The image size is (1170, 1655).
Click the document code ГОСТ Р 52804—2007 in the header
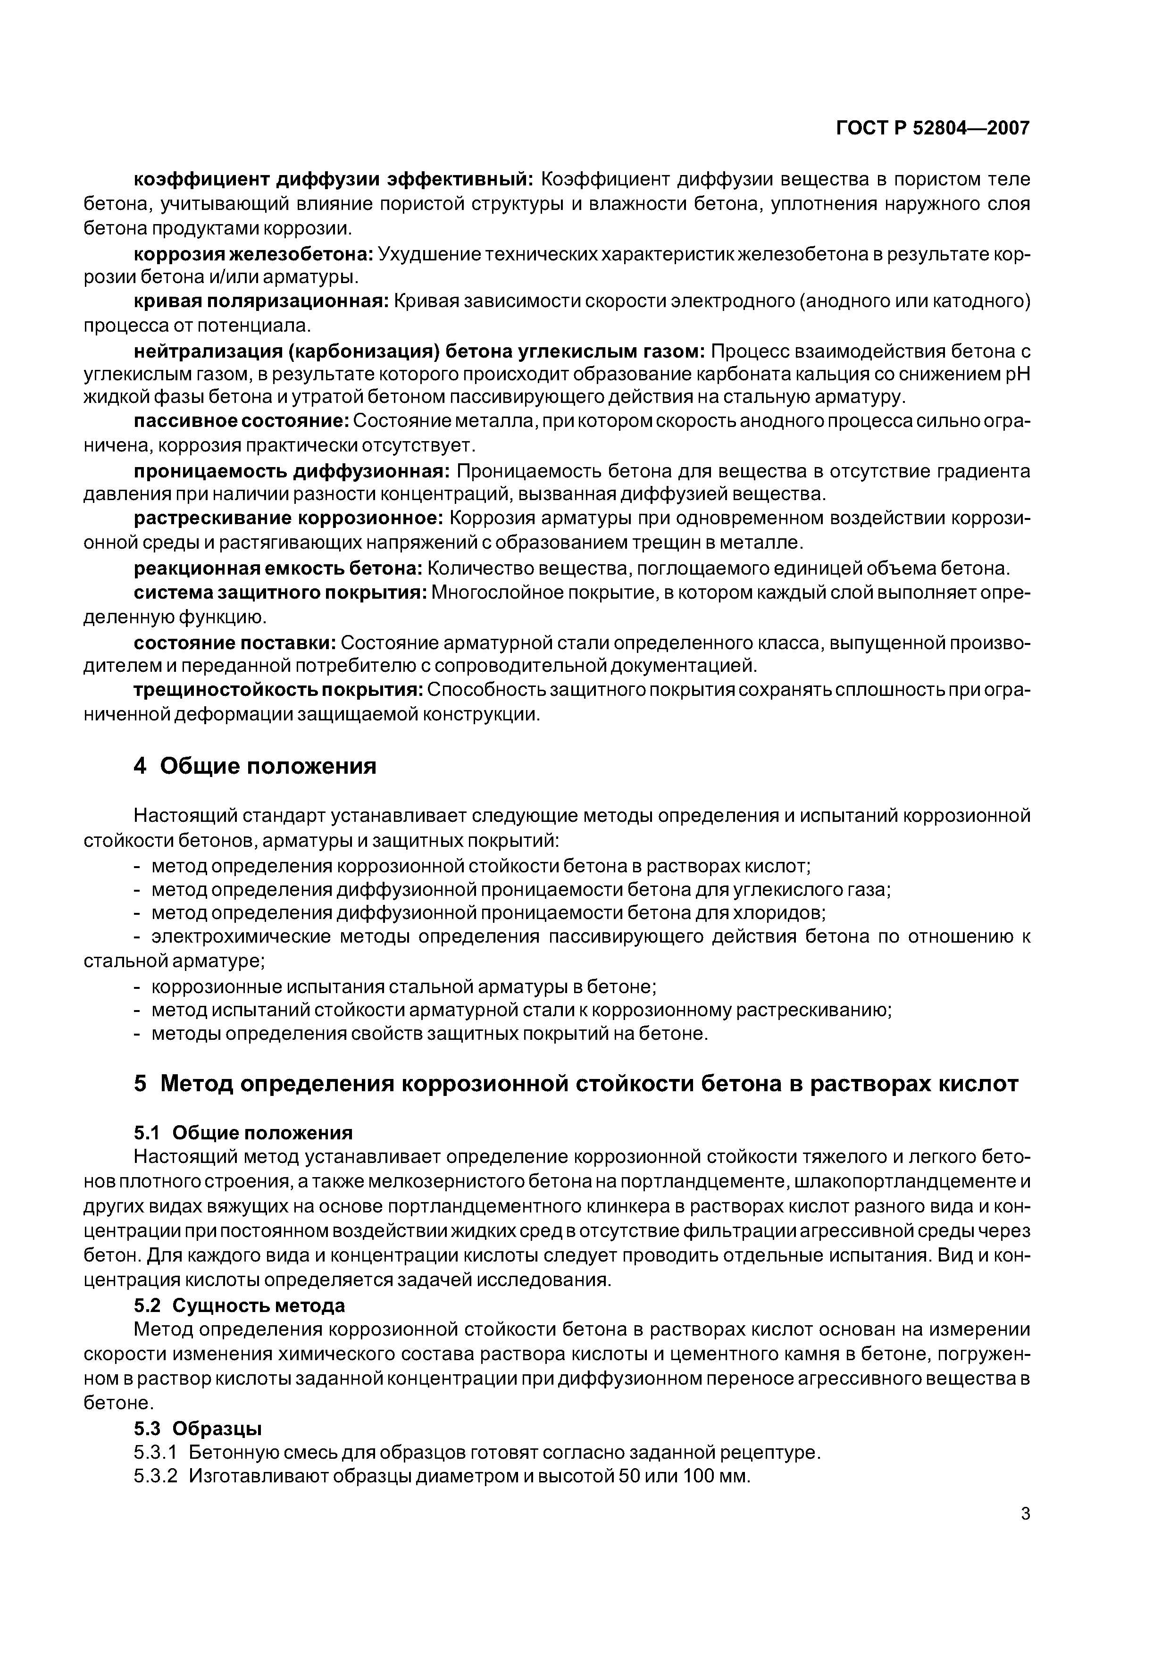point(932,128)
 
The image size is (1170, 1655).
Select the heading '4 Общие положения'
point(255,766)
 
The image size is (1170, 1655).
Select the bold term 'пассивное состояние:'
point(242,421)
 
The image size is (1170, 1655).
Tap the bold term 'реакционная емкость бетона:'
point(277,568)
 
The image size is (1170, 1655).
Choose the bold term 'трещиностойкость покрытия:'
point(278,691)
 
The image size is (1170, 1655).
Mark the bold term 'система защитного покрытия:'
point(280,593)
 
